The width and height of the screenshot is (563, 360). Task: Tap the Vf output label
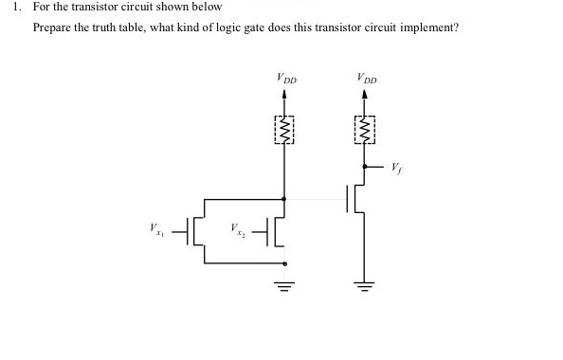pyautogui.click(x=395, y=168)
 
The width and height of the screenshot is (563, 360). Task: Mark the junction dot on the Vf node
pyautogui.click(x=365, y=167)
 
